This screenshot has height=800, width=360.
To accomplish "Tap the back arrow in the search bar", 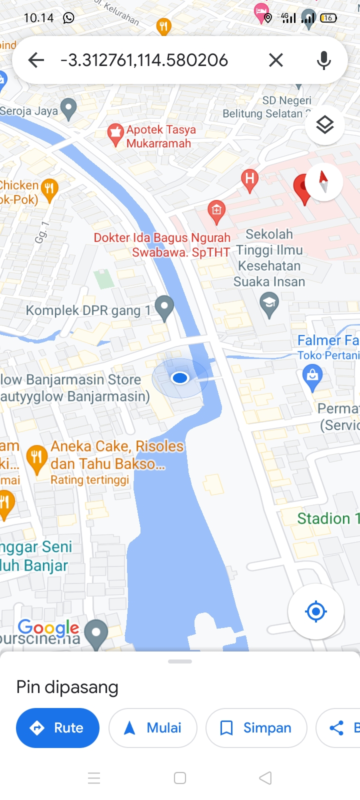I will click(36, 60).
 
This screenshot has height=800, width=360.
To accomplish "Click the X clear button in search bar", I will click(275, 60).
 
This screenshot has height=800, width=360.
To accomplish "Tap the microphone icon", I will click(324, 60).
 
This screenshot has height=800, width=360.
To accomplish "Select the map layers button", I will click(325, 125).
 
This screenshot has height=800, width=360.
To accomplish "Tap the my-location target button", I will click(315, 611).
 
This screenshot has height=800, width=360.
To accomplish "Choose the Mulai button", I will click(152, 728).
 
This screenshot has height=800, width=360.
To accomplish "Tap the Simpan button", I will click(256, 728).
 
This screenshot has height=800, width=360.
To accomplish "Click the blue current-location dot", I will click(180, 378).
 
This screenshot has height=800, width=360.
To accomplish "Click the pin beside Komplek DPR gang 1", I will click(164, 307).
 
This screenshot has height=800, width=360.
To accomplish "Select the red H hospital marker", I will click(249, 179).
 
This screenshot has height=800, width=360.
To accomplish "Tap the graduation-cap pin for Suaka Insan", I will click(269, 304).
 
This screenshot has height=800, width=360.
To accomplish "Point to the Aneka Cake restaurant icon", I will click(37, 457).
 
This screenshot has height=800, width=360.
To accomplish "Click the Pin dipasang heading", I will click(67, 687).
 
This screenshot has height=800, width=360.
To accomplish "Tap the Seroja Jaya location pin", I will click(68, 108).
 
